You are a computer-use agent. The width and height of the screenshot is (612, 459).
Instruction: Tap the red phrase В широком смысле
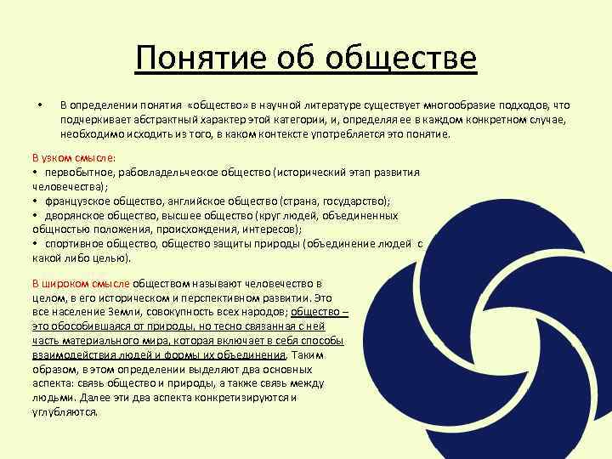coord(81,282)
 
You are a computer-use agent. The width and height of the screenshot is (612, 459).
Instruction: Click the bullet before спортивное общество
coord(35,244)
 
